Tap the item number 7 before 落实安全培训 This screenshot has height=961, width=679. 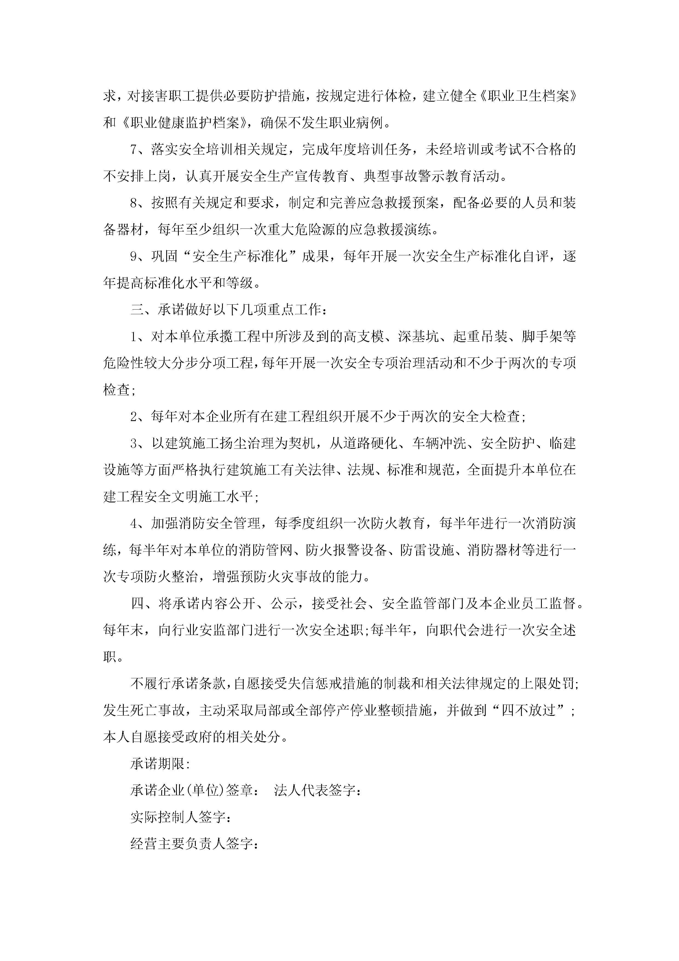pyautogui.click(x=134, y=150)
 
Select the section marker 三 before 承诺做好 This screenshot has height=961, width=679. pyautogui.click(x=137, y=310)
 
